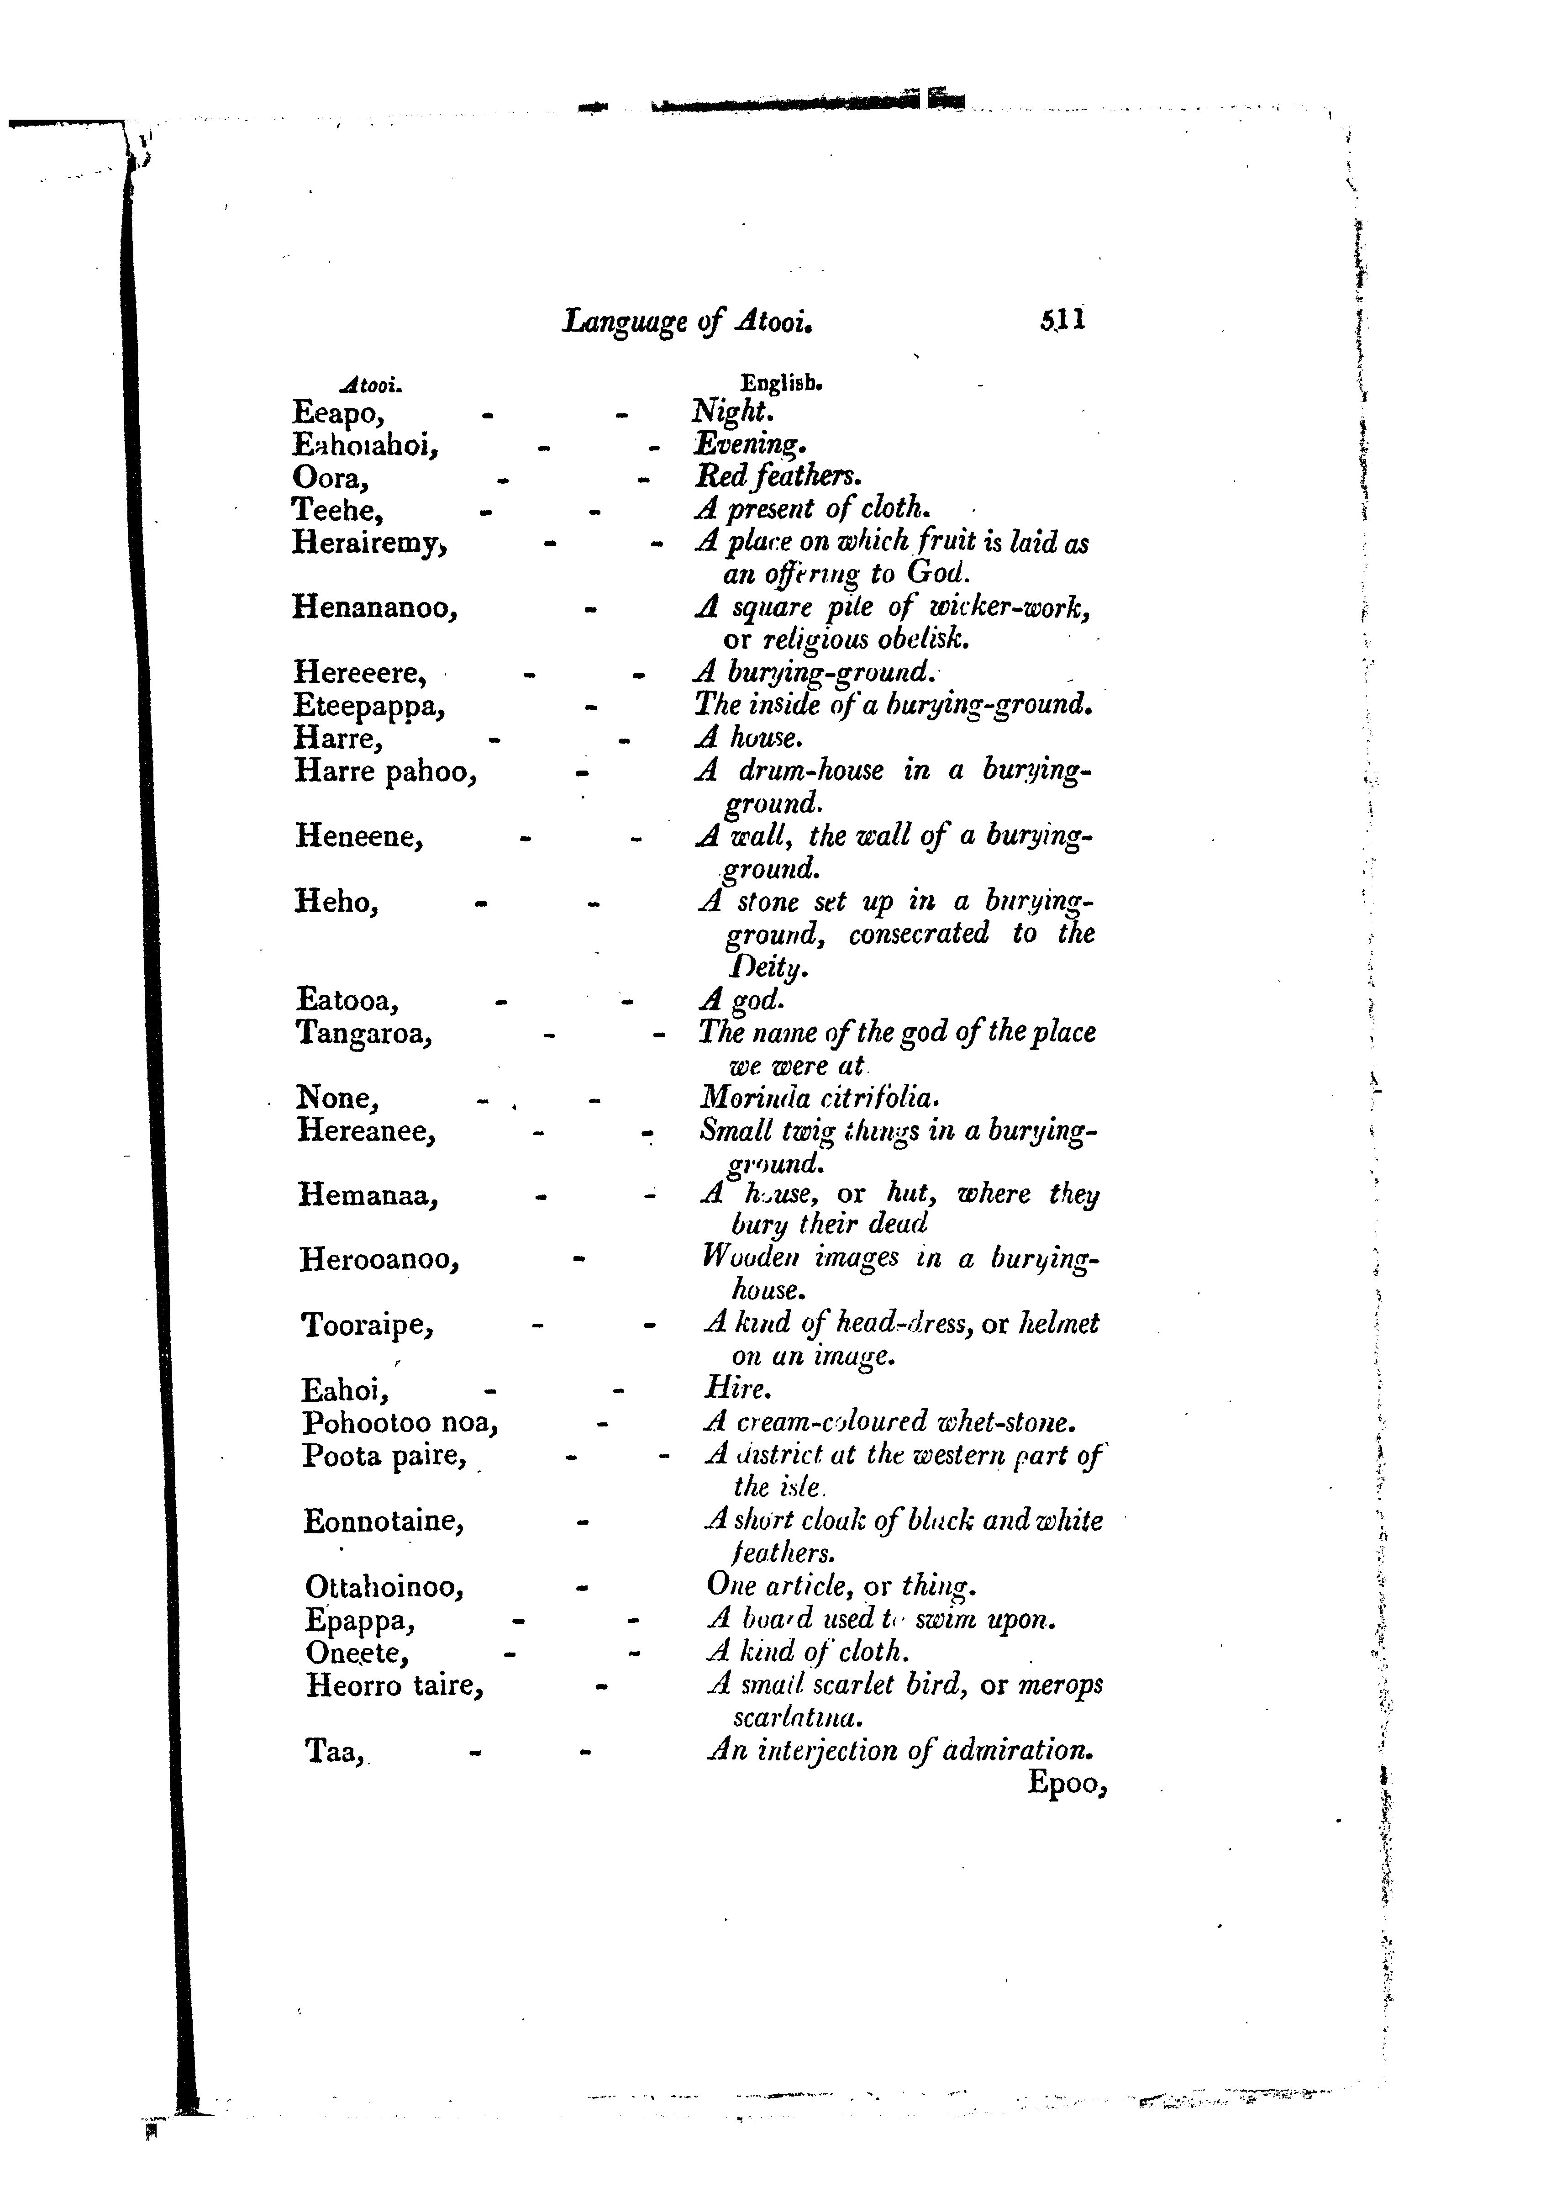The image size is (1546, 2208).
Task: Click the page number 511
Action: point(1062,319)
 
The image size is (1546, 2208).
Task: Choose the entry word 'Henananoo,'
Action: point(374,608)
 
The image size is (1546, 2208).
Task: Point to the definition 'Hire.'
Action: point(737,1389)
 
